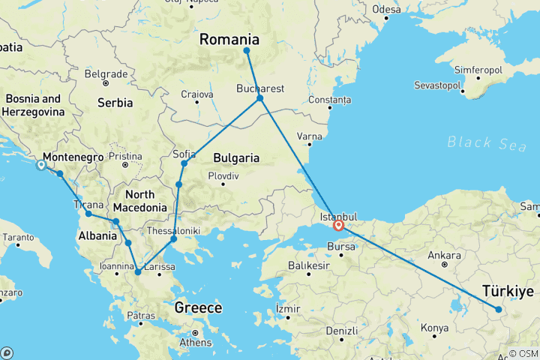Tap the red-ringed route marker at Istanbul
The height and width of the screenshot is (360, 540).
pyautogui.click(x=339, y=224)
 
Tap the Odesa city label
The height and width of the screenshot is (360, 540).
pyautogui.click(x=386, y=10)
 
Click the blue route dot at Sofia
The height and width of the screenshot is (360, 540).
pyautogui.click(x=184, y=163)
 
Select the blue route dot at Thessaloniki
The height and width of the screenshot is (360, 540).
pyautogui.click(x=173, y=240)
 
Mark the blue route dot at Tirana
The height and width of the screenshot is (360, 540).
pyautogui.click(x=88, y=214)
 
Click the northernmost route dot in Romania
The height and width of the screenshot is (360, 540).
pyautogui.click(x=246, y=51)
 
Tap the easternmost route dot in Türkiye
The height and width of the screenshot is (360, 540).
pyautogui.click(x=499, y=309)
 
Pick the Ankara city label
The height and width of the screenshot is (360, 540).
pyautogui.click(x=443, y=255)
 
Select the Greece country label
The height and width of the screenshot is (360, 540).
pyautogui.click(x=198, y=307)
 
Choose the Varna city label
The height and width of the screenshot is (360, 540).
pyautogui.click(x=310, y=136)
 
